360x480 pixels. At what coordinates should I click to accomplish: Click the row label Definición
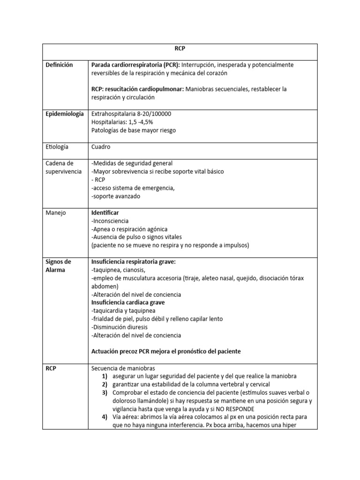pyautogui.click(x=59, y=65)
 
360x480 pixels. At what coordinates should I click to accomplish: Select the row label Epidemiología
pyautogui.click(x=65, y=114)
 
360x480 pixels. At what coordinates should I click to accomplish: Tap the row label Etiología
pyautogui.click(x=57, y=147)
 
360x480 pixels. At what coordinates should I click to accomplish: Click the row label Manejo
pyautogui.click(x=56, y=212)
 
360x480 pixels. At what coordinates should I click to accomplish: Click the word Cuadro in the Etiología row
pyautogui.click(x=102, y=147)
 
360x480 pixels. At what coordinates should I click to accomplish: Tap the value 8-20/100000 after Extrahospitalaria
pyautogui.click(x=152, y=114)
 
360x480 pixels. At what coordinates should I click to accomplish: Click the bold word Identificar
pyautogui.click(x=105, y=212)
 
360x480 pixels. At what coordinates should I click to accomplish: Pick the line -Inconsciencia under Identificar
pyautogui.click(x=110, y=221)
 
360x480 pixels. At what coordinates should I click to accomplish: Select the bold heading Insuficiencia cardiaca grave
pyautogui.click(x=128, y=302)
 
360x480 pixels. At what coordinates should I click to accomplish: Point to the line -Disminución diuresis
pyautogui.click(x=122, y=327)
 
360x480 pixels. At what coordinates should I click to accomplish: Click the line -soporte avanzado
pyautogui.click(x=115, y=196)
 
